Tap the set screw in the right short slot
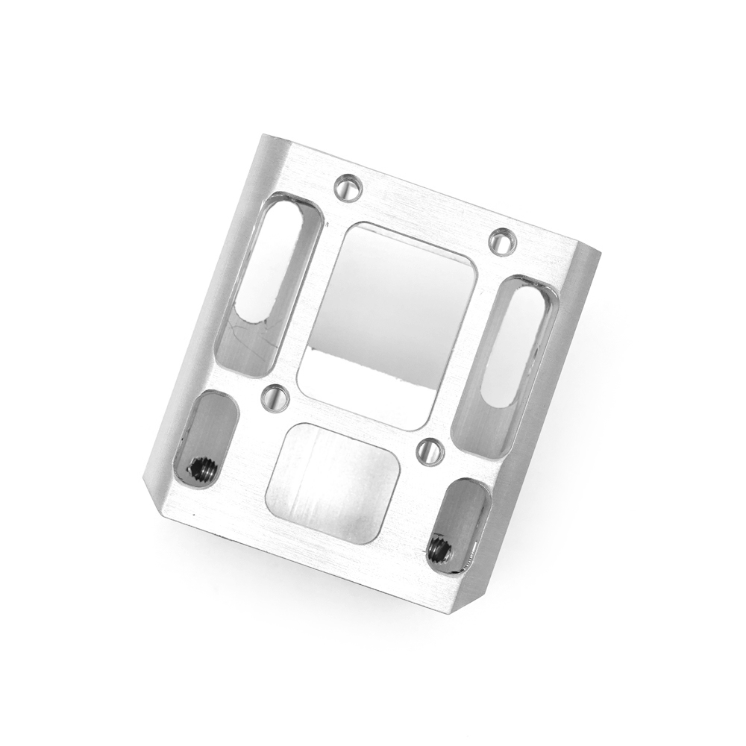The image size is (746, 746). (439, 551)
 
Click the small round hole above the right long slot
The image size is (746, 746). (504, 241)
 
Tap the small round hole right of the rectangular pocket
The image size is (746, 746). (430, 450)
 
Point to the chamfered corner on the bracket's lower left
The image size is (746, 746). (153, 496)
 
